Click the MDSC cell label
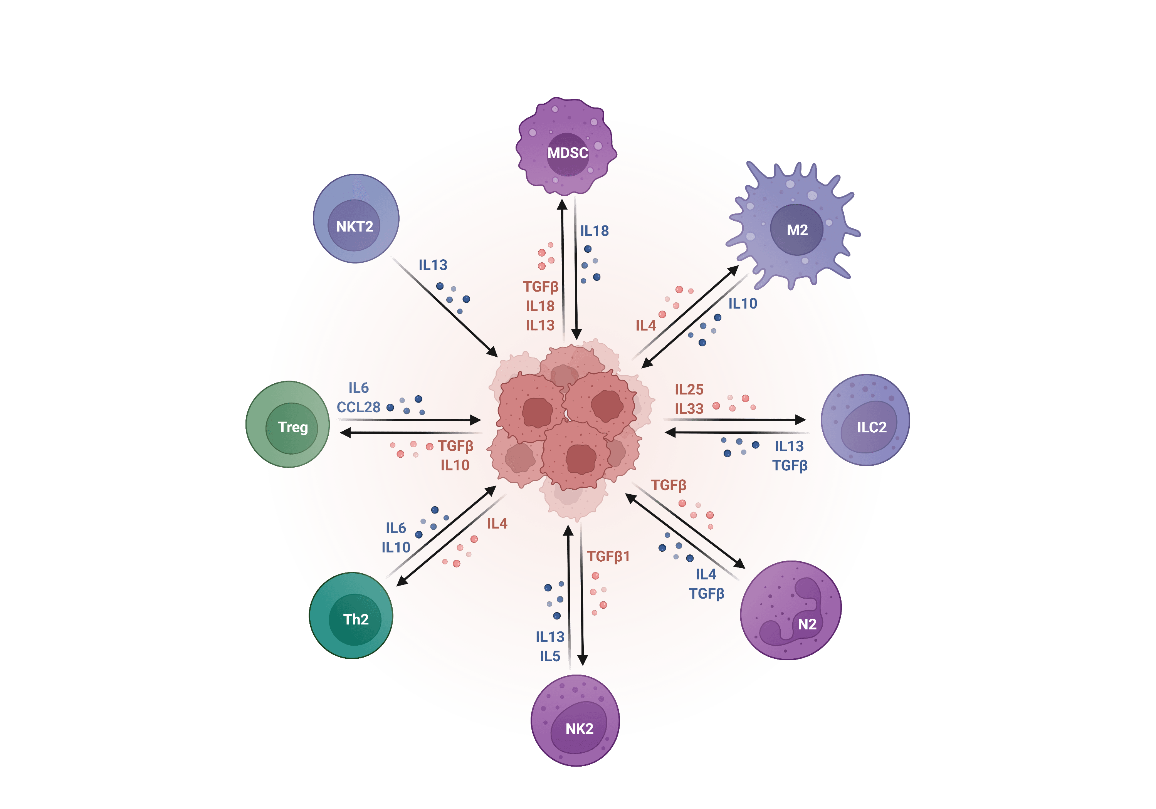tap(568, 153)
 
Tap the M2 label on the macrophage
tap(797, 230)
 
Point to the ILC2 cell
tap(865, 420)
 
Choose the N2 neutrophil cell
tap(790, 611)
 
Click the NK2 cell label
tap(579, 728)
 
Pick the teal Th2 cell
tap(351, 615)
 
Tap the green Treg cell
tap(288, 425)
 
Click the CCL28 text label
tap(358, 407)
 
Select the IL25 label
tap(689, 389)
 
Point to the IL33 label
tap(689, 409)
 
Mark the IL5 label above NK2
tap(550, 656)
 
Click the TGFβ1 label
tap(608, 557)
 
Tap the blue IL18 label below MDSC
tap(595, 231)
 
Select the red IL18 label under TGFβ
tap(540, 306)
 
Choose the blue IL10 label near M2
tap(743, 304)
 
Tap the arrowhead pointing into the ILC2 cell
tap(800, 420)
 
